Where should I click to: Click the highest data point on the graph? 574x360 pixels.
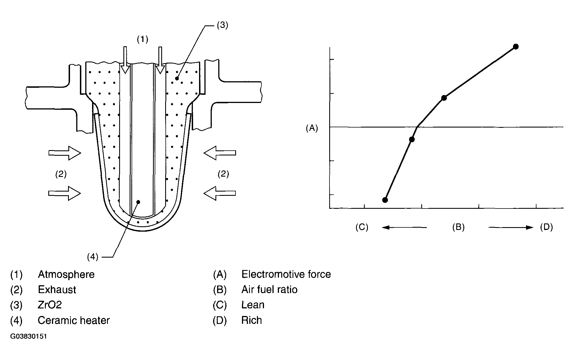tap(516, 47)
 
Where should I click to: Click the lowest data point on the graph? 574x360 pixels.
tap(385, 200)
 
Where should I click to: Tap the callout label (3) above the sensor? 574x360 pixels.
tap(222, 25)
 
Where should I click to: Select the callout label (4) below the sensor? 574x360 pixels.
tap(93, 257)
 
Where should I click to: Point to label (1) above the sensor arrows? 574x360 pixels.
tap(142, 39)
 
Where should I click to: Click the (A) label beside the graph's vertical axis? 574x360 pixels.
tap(312, 128)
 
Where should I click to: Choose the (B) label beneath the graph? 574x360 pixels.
tap(458, 227)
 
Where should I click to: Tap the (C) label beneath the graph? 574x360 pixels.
tap(362, 227)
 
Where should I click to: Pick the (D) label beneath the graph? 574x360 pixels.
tap(546, 227)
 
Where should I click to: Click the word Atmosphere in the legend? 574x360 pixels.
tap(66, 274)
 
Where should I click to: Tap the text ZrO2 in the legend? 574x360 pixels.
tap(50, 305)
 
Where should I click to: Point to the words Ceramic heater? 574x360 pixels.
tap(73, 321)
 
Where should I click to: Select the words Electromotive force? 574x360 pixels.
tap(286, 274)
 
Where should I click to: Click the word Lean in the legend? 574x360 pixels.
tap(253, 305)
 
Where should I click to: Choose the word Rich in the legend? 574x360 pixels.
tap(252, 321)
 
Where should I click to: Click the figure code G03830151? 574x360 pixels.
tap(29, 337)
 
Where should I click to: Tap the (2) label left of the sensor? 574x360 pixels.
tap(61, 174)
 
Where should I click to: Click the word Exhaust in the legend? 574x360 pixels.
tap(57, 290)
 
